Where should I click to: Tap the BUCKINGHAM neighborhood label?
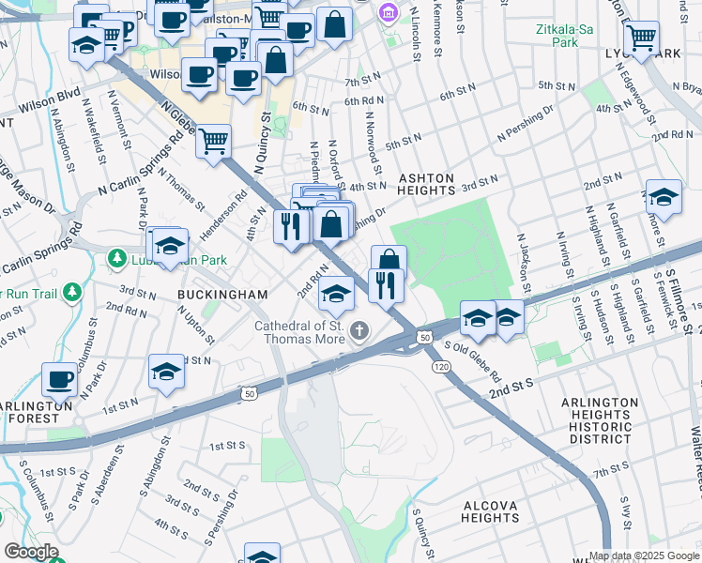[x=223, y=294]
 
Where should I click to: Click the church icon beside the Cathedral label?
[x=359, y=330]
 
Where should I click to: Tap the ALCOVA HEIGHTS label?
[x=490, y=511]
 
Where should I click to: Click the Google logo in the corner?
[x=31, y=552]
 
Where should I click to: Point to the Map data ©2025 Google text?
[x=643, y=555]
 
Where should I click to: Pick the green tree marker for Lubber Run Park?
[x=116, y=257]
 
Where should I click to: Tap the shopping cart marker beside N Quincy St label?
[x=214, y=141]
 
